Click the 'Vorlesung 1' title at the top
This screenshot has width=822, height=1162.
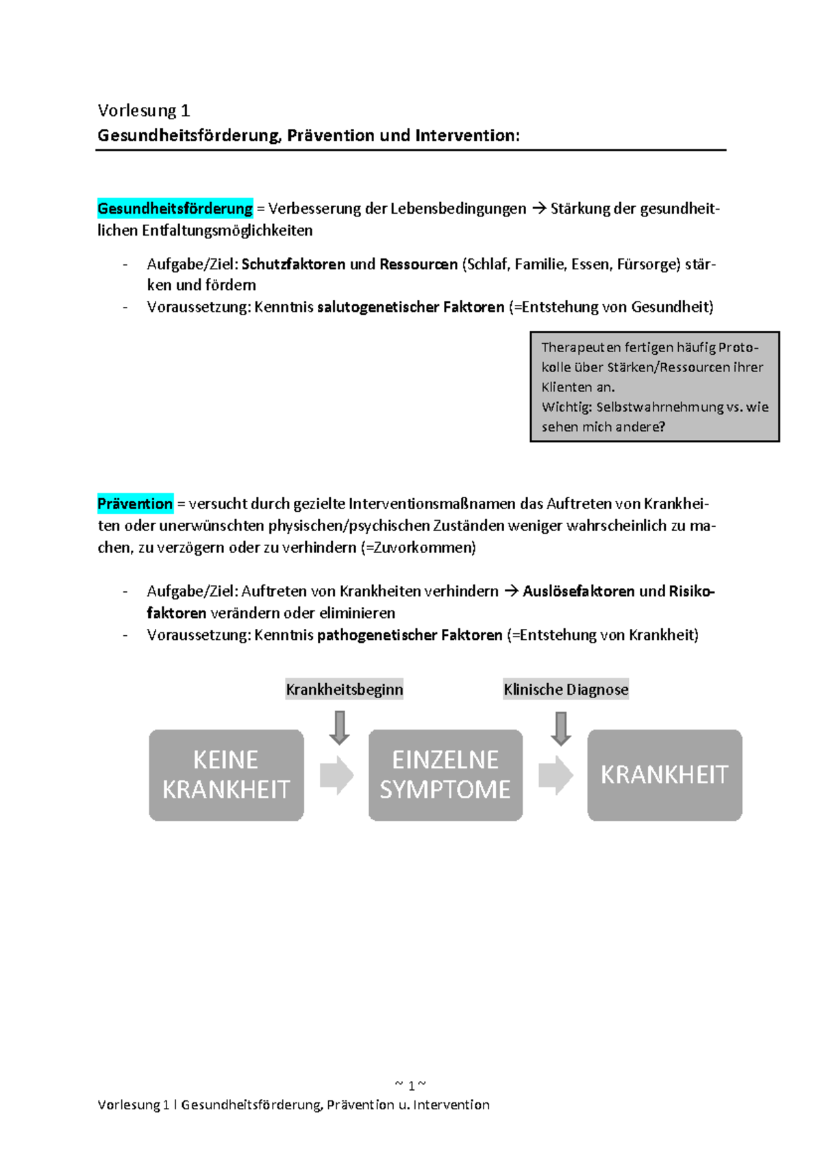(x=144, y=110)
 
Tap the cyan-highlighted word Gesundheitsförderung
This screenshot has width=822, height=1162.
(x=175, y=208)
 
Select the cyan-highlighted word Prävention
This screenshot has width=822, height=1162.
(x=135, y=504)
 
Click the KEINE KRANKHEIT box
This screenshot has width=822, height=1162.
(x=226, y=775)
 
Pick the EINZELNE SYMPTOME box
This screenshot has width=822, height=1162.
(x=445, y=775)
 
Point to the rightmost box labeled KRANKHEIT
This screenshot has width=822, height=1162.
(x=664, y=775)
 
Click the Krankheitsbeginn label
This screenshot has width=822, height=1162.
(x=344, y=689)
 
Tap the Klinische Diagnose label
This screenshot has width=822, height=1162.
(x=566, y=689)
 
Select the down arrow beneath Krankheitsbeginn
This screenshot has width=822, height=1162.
(x=339, y=728)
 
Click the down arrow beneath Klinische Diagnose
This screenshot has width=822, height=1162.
(x=561, y=728)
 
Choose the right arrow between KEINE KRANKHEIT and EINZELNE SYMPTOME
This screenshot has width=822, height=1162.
(x=336, y=776)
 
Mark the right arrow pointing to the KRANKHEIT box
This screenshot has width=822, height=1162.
(x=556, y=776)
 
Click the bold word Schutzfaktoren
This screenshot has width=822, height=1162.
(x=293, y=264)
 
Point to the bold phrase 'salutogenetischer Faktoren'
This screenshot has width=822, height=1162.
(x=410, y=307)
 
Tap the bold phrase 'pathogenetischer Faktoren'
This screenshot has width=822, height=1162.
(x=410, y=635)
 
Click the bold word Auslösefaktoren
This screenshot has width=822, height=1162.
(x=578, y=591)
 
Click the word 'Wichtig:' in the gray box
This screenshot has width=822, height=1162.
(x=566, y=407)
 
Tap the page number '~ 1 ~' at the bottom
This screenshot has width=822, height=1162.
(x=410, y=1085)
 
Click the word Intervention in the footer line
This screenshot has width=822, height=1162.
(x=451, y=1104)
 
